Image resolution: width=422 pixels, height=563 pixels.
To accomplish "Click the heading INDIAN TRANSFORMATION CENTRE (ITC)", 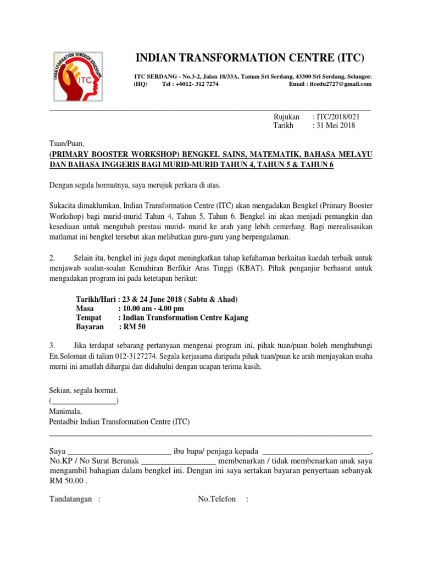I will pos(249,58).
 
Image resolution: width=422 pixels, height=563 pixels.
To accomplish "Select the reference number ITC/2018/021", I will pos(336,117).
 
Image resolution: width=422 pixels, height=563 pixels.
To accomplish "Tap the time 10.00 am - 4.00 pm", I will pos(153,309).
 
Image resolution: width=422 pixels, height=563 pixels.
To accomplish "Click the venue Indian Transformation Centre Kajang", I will pos(183,318).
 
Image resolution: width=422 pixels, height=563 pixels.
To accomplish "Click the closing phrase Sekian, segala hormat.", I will pos(84,390).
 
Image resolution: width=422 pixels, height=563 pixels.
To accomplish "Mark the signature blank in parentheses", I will pos(84,400).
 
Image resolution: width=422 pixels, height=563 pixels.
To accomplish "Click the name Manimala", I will pos(65,411).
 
